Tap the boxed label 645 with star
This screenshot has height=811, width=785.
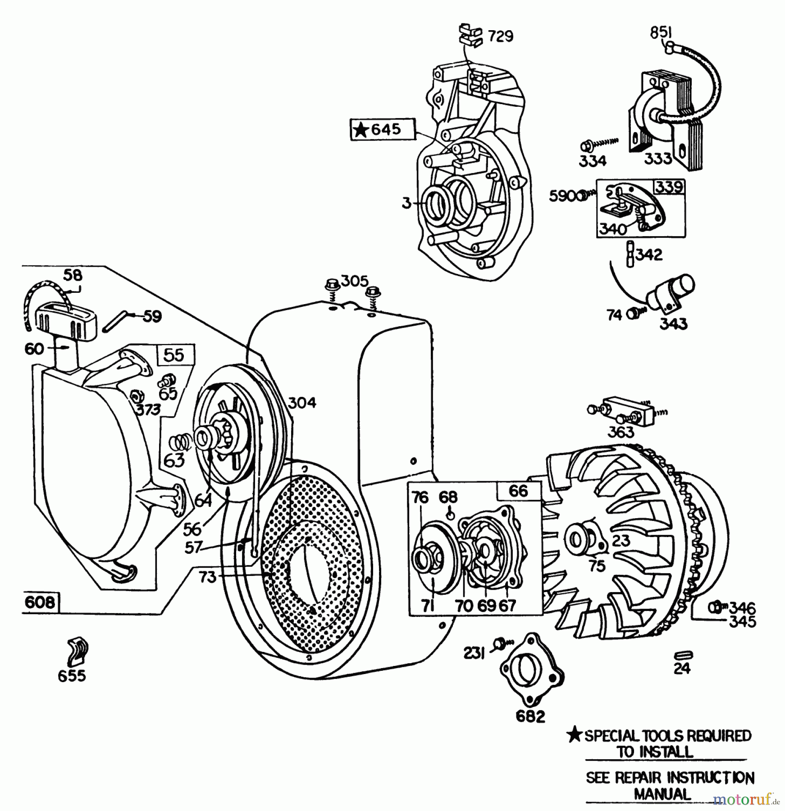coord(383,130)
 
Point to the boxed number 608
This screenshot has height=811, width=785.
coord(40,602)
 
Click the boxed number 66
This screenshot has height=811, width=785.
coord(518,491)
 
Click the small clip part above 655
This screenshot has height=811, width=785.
coord(78,652)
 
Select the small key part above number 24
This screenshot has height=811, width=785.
coord(682,655)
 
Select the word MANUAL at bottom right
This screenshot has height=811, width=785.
coord(662,794)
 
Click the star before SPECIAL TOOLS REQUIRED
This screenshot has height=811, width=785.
coord(574,735)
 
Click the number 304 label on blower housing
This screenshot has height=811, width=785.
coord(302,402)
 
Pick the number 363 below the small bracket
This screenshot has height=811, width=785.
coord(621,432)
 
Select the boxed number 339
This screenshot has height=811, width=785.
coord(669,187)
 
